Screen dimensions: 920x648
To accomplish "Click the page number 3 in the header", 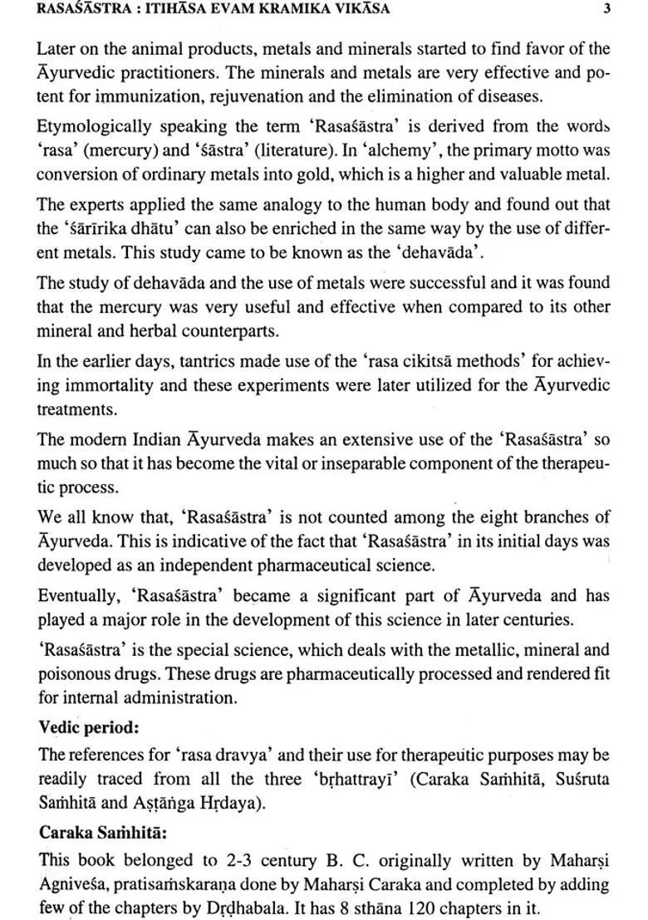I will pyautogui.click(x=608, y=10).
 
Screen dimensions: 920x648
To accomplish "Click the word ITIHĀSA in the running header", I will pyautogui.click(x=180, y=10).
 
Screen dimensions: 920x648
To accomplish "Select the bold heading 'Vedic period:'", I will pyautogui.click(x=88, y=727).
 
